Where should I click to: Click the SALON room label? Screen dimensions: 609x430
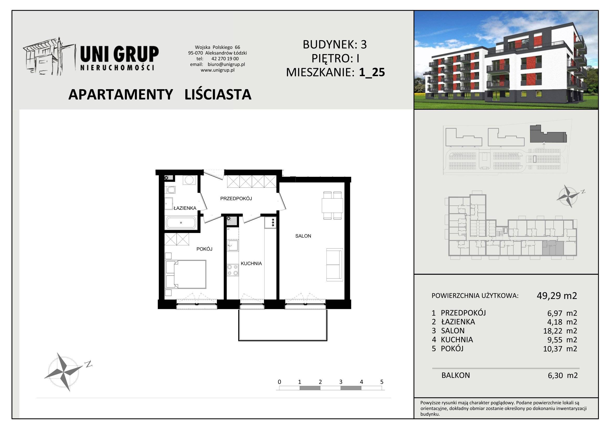point(303,236)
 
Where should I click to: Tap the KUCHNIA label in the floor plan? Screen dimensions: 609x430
point(251,263)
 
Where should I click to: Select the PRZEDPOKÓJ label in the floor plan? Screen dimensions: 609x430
point(236,198)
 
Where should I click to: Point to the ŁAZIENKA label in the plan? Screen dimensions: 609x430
point(185,208)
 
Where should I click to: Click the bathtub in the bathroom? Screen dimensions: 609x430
point(181,223)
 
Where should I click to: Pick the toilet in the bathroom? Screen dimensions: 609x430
point(170,190)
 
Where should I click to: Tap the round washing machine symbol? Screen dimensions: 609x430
point(189,180)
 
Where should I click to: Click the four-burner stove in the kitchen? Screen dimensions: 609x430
point(233,270)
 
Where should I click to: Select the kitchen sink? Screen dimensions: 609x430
point(233,245)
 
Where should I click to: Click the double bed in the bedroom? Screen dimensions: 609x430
point(185,274)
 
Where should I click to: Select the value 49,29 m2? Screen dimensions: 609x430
point(557,296)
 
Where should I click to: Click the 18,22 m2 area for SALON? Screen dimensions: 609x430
point(560,331)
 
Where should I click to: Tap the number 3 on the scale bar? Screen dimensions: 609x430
point(341,382)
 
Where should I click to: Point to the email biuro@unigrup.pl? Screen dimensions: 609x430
point(226,64)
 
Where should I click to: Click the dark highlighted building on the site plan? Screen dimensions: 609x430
point(548,134)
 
